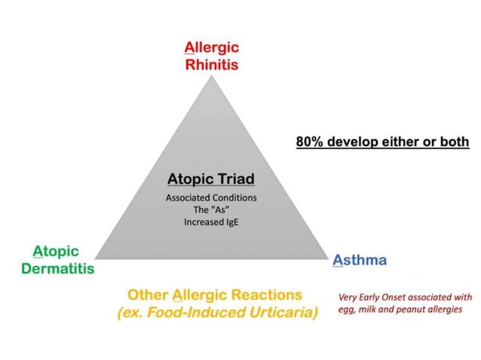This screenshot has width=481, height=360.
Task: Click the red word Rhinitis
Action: pos(212,65)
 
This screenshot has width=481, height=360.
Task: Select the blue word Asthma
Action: pos(360,261)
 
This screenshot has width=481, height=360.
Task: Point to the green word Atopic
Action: pos(56,251)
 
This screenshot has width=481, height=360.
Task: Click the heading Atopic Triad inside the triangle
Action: pos(210,179)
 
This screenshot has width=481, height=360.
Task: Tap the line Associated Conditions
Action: pos(210,197)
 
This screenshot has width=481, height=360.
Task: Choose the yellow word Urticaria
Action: pos(278,313)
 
